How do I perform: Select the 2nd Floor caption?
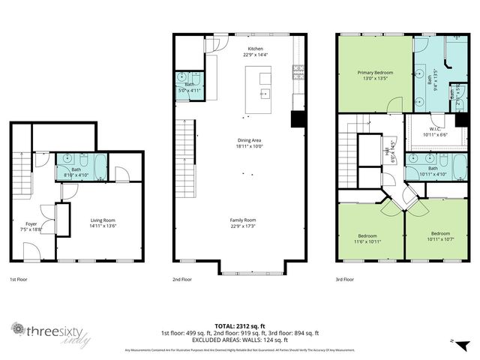click(182, 279)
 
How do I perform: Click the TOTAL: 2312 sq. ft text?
click(240, 325)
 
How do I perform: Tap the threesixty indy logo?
click(45, 332)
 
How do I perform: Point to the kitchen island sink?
click(264, 94)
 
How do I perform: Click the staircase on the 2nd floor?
click(184, 150)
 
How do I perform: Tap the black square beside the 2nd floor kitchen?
click(298, 118)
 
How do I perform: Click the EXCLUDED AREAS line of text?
click(240, 339)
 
